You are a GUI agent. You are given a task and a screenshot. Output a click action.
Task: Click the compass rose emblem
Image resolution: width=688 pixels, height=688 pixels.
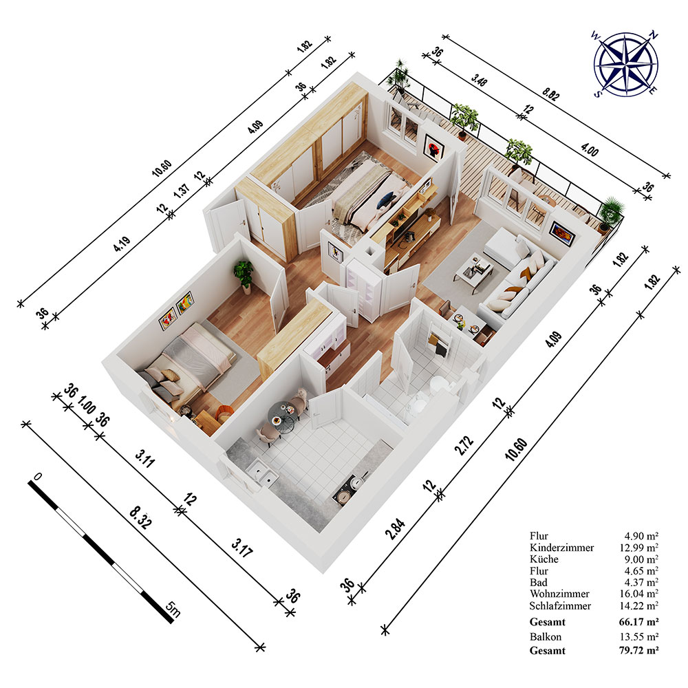pyautogui.click(x=625, y=64)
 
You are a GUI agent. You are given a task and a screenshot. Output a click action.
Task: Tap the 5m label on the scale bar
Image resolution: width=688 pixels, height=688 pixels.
pyautogui.click(x=173, y=609)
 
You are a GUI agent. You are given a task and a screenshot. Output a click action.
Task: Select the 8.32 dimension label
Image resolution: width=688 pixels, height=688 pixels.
pyautogui.click(x=141, y=518)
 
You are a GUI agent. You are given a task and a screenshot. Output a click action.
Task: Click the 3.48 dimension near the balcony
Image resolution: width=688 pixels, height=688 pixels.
pyautogui.click(x=479, y=80)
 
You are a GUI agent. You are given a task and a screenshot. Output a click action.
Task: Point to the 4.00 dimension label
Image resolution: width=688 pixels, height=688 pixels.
pyautogui.click(x=589, y=150)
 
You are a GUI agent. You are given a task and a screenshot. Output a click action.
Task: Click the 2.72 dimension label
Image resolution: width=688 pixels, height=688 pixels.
pyautogui.click(x=464, y=445)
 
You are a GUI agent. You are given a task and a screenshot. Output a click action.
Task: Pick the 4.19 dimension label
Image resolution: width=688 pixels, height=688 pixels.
pyautogui.click(x=122, y=244)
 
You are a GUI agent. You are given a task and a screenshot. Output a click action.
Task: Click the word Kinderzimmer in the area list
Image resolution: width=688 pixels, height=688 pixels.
pyautogui.click(x=561, y=547)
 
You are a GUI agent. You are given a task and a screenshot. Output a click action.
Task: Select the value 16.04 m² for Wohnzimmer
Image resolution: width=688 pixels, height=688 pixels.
pyautogui.click(x=639, y=594)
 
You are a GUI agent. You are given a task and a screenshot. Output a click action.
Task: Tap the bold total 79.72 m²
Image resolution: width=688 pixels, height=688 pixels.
pyautogui.click(x=639, y=650)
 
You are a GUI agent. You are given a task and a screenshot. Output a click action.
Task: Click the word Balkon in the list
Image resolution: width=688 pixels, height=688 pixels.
pyautogui.click(x=546, y=636)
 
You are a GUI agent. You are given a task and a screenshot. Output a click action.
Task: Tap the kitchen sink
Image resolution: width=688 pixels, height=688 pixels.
pyautogui.click(x=262, y=473)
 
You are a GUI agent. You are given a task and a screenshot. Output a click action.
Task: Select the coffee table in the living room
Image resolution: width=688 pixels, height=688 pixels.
pyautogui.click(x=474, y=271)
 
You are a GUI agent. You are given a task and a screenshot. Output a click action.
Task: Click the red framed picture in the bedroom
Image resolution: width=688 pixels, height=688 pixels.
pyautogui.click(x=433, y=147)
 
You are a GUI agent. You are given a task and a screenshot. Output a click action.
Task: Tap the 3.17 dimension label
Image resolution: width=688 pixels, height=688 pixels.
pyautogui.click(x=242, y=548)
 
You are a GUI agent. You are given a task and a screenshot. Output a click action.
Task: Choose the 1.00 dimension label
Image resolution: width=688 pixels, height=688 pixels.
pyautogui.click(x=87, y=405)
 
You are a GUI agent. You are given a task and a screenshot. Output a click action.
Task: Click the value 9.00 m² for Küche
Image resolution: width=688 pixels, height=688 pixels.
pyautogui.click(x=641, y=559)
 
